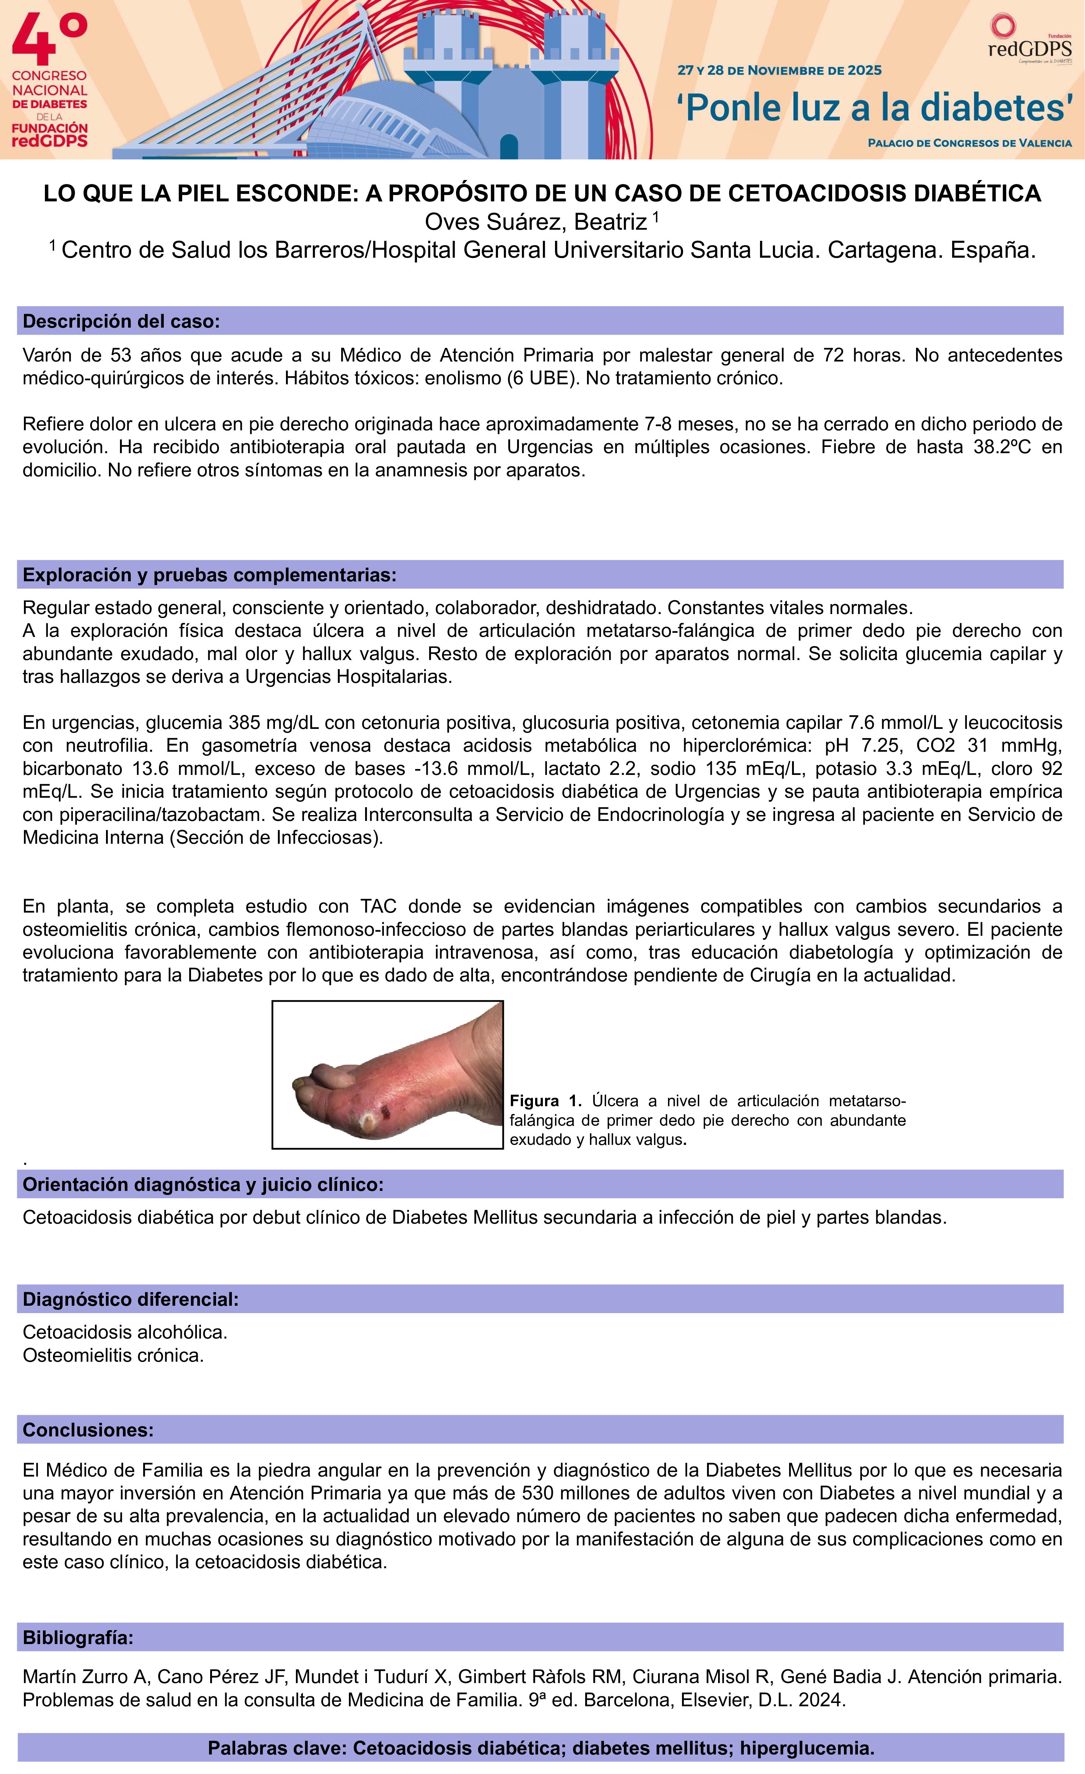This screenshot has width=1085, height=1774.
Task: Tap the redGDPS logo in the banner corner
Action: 1029,40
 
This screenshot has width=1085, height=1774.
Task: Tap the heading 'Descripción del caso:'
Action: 121,321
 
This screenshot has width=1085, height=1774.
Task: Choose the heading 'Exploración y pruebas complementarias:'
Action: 209,575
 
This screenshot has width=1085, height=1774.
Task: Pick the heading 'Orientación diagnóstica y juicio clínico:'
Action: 203,1184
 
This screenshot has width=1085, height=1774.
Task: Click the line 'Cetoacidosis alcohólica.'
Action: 124,1332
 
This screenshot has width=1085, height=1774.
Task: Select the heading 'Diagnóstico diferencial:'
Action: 130,1299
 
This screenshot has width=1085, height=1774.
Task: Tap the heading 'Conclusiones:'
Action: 88,1430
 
